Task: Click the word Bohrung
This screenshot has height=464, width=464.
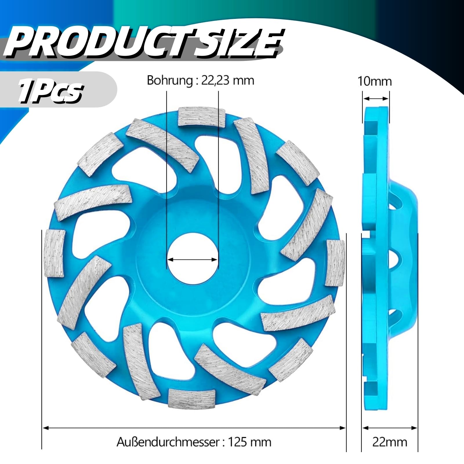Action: [x=169, y=80]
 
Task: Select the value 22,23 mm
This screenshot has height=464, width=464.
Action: [x=227, y=80]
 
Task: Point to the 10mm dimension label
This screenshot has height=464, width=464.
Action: [x=375, y=81]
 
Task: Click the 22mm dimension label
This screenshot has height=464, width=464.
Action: [x=389, y=442]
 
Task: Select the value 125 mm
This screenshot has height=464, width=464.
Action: [x=250, y=442]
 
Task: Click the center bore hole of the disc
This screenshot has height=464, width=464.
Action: [x=192, y=259]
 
